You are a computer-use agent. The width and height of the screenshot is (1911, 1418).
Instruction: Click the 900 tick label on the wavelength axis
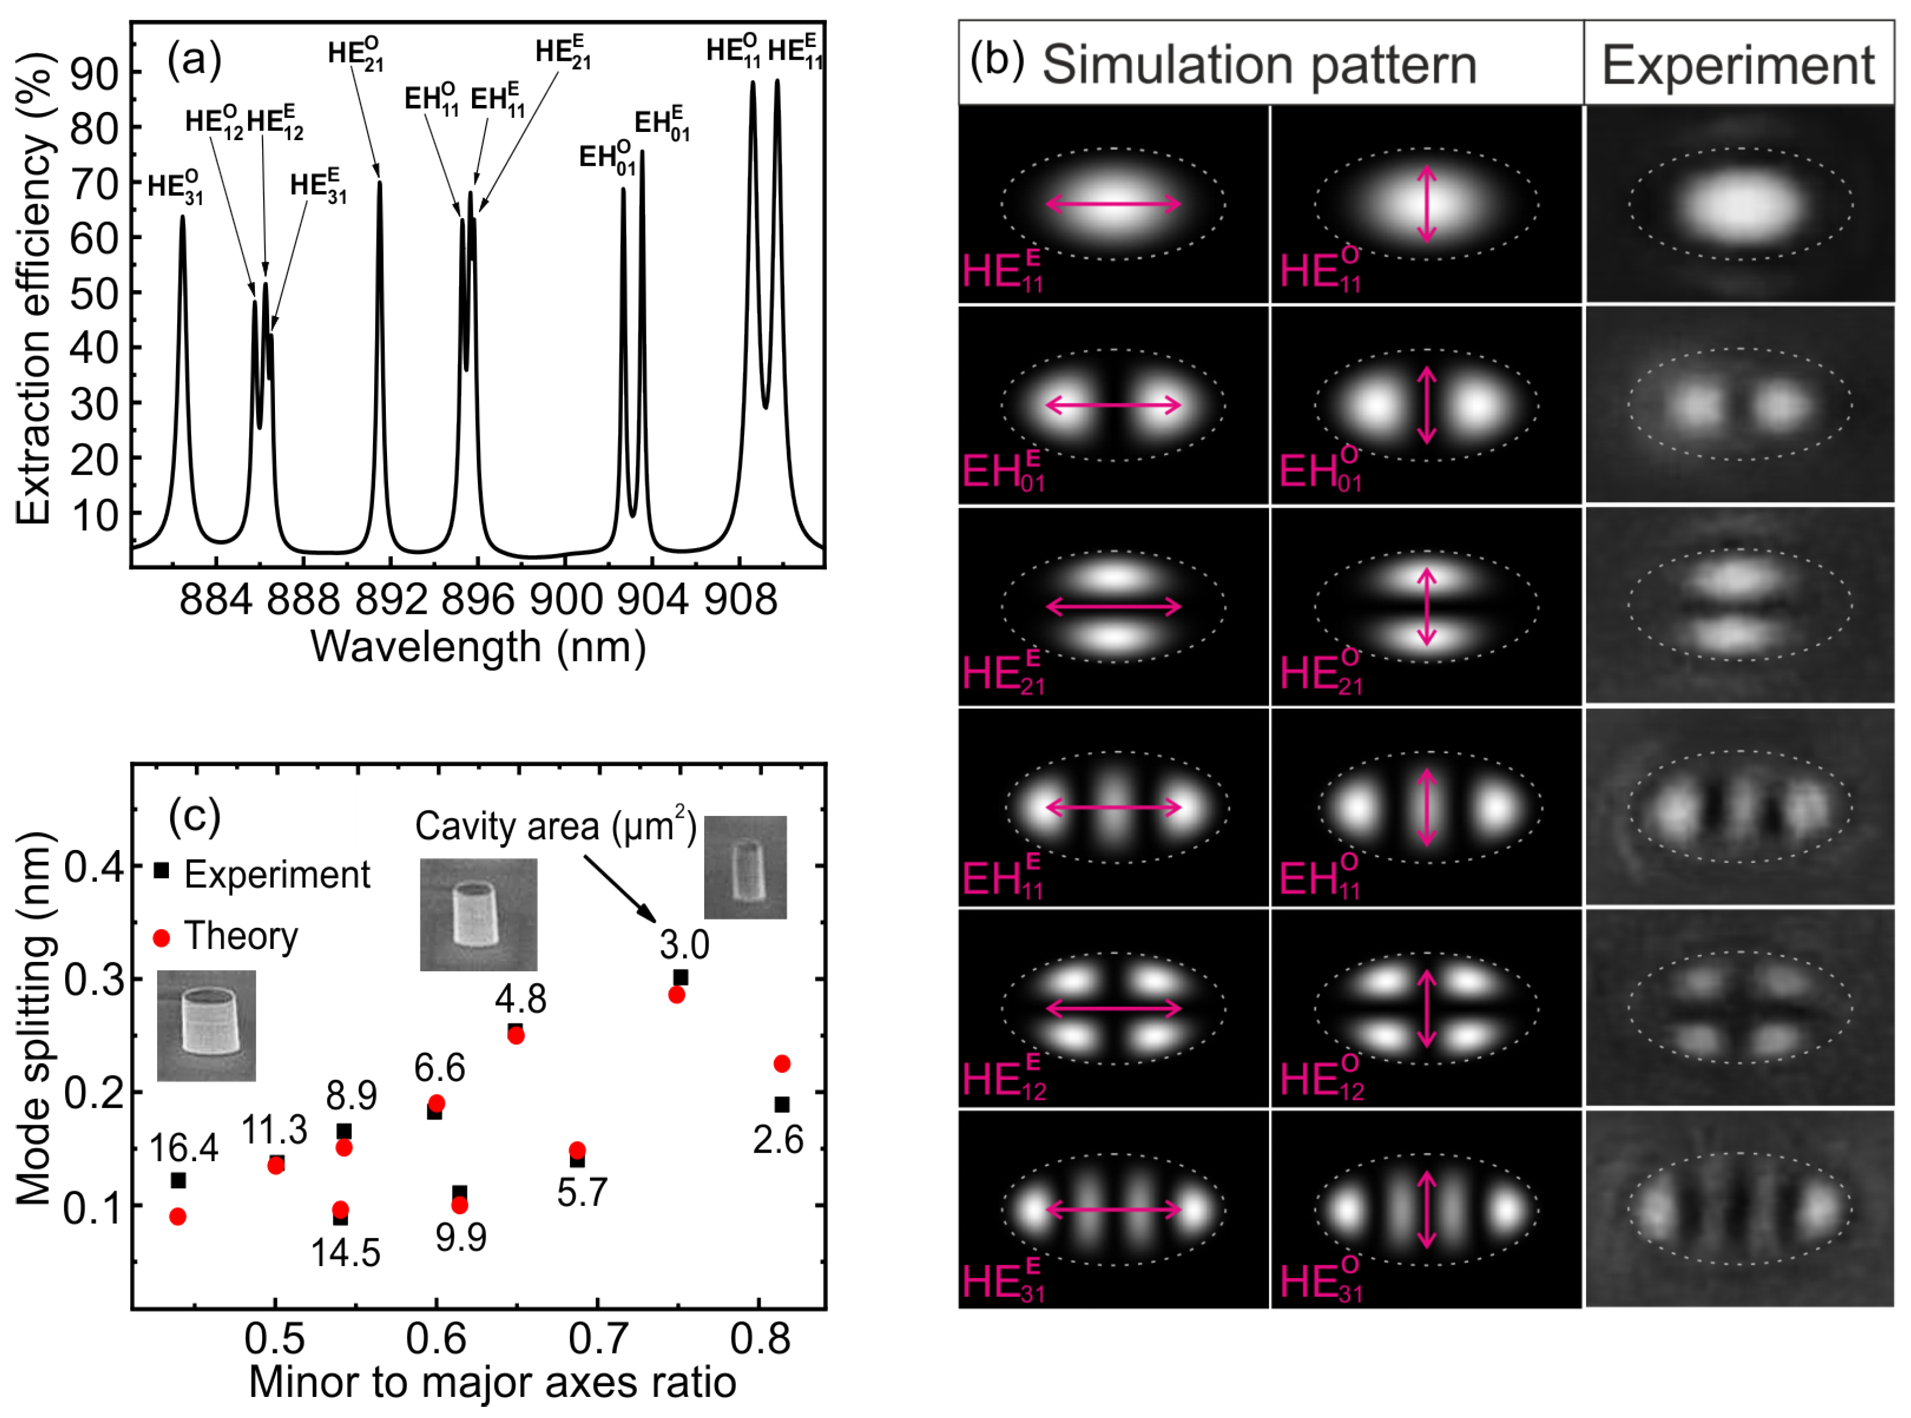[x=565, y=599]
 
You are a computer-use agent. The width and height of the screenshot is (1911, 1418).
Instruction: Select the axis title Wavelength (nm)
[x=478, y=647]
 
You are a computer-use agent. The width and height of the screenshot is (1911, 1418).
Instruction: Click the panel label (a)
[x=194, y=60]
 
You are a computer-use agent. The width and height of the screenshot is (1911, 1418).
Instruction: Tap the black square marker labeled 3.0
[x=681, y=977]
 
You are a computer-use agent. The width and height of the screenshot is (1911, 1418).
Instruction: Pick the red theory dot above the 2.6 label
[x=781, y=1063]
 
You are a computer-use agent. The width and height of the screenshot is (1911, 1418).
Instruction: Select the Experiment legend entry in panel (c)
[x=276, y=875]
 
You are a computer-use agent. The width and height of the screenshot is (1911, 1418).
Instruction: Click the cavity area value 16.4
[x=183, y=1148]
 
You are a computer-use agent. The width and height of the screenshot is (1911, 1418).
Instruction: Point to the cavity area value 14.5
[x=345, y=1253]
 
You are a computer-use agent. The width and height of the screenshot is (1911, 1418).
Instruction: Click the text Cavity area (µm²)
[x=555, y=827]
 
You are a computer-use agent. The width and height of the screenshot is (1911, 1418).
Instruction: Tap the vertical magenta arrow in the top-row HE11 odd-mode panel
[x=1426, y=203]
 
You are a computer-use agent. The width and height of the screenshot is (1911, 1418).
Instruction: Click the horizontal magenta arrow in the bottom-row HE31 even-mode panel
[x=1114, y=1209]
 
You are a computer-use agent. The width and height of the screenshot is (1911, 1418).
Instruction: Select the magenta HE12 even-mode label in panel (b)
[x=1003, y=1080]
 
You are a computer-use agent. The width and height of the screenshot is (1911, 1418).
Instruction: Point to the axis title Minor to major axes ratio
[x=492, y=1383]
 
